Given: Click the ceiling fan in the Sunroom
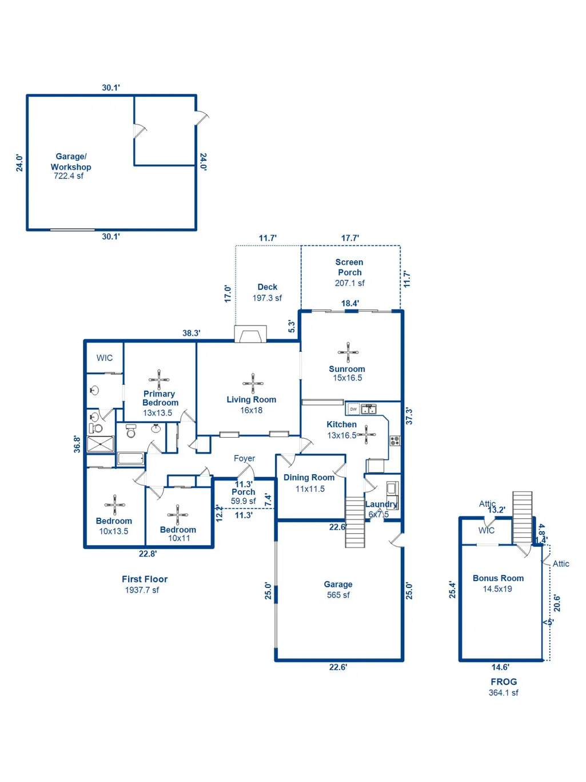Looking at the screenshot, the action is [348, 352].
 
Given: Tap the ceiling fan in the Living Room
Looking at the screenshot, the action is [253, 383].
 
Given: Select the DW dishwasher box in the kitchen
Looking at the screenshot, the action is [353, 409].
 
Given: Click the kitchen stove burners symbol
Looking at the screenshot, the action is [395, 440].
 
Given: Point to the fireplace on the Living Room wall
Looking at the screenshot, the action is [250, 334].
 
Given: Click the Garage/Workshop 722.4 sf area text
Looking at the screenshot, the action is [69, 176].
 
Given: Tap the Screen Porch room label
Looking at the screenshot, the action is [349, 267].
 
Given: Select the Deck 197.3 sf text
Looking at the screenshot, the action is [267, 292].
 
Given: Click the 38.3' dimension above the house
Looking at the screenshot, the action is [192, 333].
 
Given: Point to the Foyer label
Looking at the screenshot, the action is [244, 458].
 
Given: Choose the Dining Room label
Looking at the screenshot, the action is [309, 478].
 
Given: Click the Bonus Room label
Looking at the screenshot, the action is [498, 578].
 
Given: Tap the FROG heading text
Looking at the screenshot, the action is [504, 682].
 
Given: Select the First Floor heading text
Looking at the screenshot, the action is [145, 579].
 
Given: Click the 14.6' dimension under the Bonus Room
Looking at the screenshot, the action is [501, 667].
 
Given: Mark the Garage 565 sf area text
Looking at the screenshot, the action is [338, 589].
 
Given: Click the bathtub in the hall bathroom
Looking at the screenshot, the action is [131, 458].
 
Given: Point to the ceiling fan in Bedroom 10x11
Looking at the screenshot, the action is [177, 515].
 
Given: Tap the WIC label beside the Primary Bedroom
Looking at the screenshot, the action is [104, 358].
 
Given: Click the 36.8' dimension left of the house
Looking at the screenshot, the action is [77, 444].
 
